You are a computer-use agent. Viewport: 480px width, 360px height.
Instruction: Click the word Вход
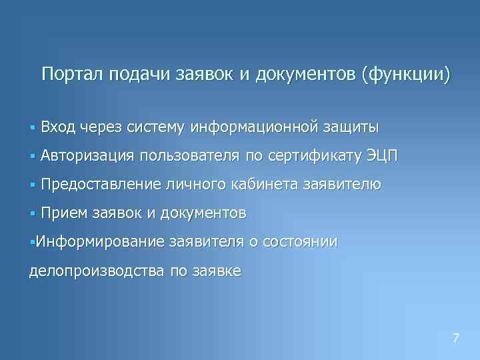[57, 126]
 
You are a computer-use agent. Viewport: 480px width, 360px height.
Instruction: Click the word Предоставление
[100, 185]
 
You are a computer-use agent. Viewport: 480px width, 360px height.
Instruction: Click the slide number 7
[455, 337]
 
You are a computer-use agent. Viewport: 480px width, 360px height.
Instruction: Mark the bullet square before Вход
[31, 127]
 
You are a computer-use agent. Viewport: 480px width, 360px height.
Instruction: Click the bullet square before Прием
[31, 214]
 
